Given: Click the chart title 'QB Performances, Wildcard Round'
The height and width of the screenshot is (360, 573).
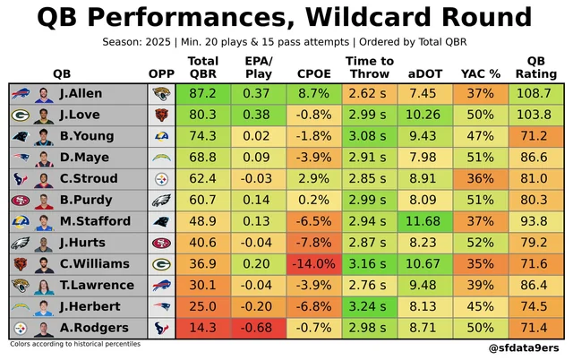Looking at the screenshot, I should (286, 18).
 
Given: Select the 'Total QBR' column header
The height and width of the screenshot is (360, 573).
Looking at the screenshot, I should (202, 67).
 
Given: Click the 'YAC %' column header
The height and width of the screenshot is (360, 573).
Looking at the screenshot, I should (479, 73).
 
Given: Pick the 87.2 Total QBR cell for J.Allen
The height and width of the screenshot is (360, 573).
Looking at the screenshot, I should (202, 93).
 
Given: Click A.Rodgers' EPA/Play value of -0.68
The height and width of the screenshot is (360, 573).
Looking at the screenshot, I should (258, 328).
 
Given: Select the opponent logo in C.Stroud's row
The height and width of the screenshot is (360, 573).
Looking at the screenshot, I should (162, 178).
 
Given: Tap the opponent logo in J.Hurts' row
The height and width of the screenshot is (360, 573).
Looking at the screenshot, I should (162, 242).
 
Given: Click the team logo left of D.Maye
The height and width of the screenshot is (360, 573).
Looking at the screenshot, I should (21, 157).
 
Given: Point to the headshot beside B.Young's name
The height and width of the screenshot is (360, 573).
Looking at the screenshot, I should (44, 135).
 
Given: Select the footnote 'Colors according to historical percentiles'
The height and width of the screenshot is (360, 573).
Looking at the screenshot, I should (75, 344).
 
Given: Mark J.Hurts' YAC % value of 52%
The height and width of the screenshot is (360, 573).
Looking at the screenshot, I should (479, 242).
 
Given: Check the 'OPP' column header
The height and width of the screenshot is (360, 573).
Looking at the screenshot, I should (162, 73).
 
